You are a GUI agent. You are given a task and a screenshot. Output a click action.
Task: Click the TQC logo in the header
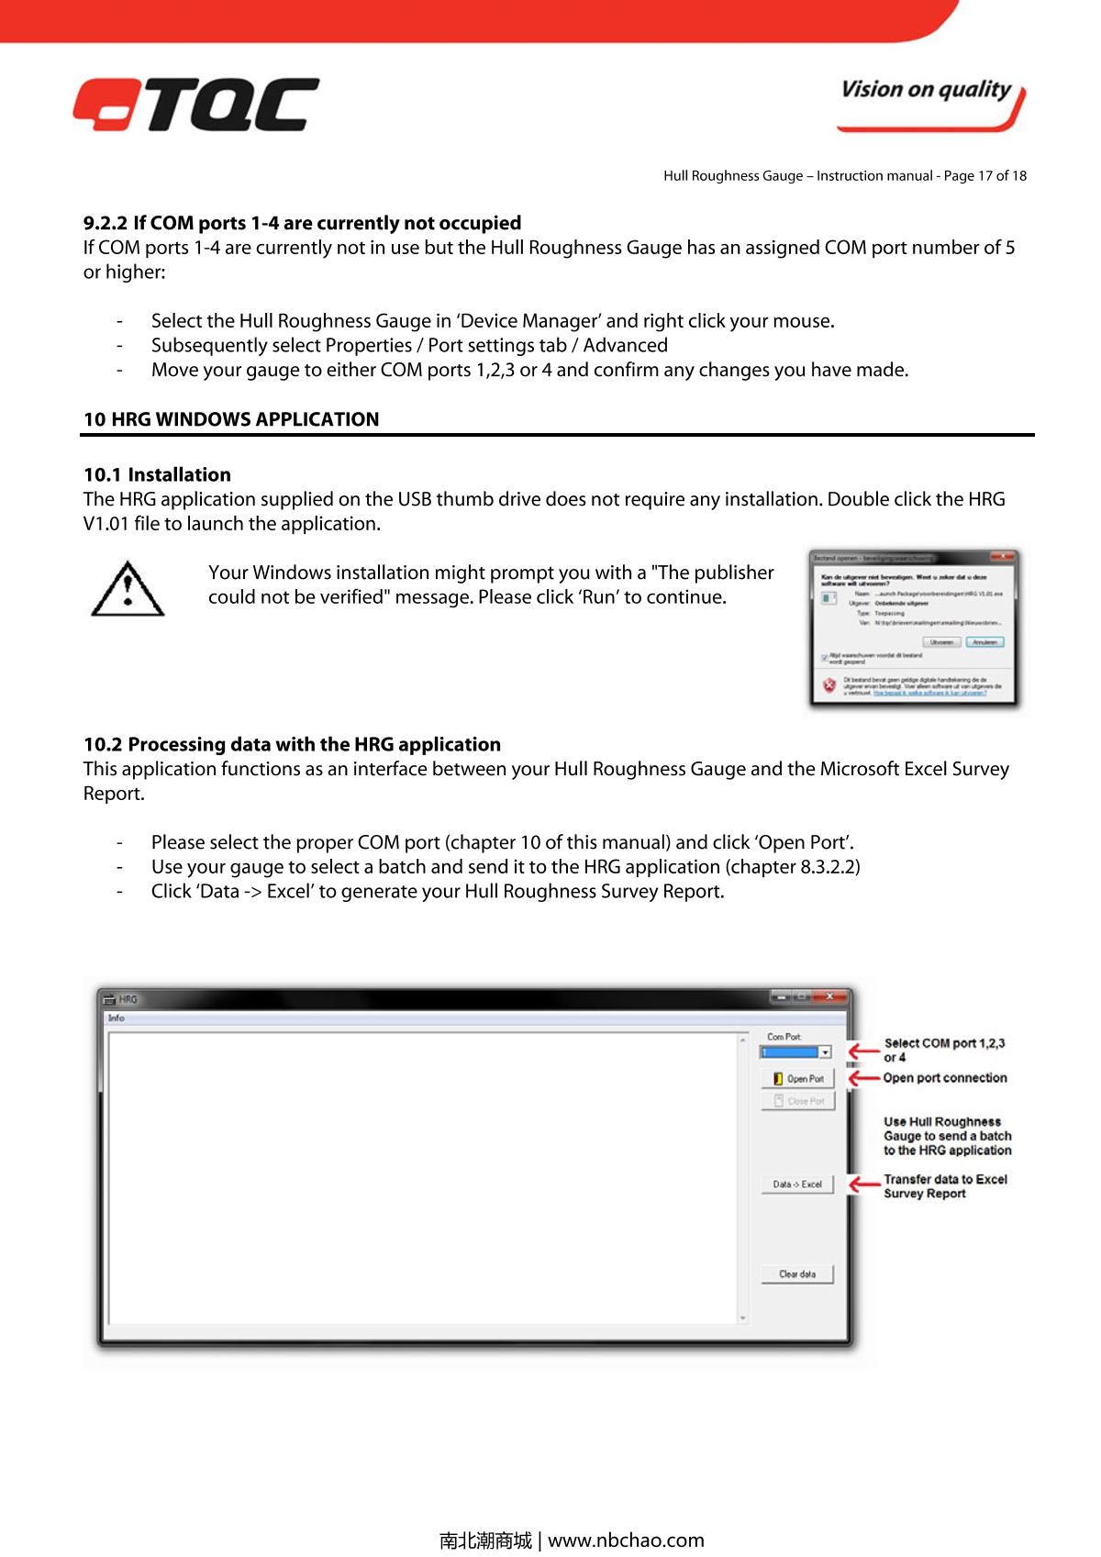click(196, 104)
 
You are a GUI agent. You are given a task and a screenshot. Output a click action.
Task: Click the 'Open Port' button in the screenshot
click(798, 1078)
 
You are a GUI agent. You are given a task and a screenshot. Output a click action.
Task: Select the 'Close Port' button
click(798, 1101)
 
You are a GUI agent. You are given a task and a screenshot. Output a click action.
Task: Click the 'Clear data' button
click(797, 1273)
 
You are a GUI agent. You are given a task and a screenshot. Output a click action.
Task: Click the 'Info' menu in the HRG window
click(117, 1018)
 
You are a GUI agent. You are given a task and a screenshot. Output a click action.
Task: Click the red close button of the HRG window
click(830, 997)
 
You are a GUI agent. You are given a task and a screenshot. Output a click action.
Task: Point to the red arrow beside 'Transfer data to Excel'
click(863, 1184)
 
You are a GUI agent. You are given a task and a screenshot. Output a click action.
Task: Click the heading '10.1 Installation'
click(157, 474)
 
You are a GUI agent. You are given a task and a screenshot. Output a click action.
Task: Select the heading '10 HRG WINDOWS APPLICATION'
click(231, 419)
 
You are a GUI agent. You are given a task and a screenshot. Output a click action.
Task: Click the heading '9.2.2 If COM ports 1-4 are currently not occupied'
click(302, 223)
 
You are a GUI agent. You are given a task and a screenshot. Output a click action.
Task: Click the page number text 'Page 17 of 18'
click(983, 175)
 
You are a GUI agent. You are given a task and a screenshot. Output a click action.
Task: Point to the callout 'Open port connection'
click(945, 1078)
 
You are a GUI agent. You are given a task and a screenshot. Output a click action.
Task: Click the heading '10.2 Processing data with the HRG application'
click(292, 744)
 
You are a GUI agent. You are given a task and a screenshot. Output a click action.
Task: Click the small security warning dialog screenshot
click(916, 629)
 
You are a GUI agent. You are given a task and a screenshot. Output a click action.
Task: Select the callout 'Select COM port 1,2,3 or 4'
click(943, 1050)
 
